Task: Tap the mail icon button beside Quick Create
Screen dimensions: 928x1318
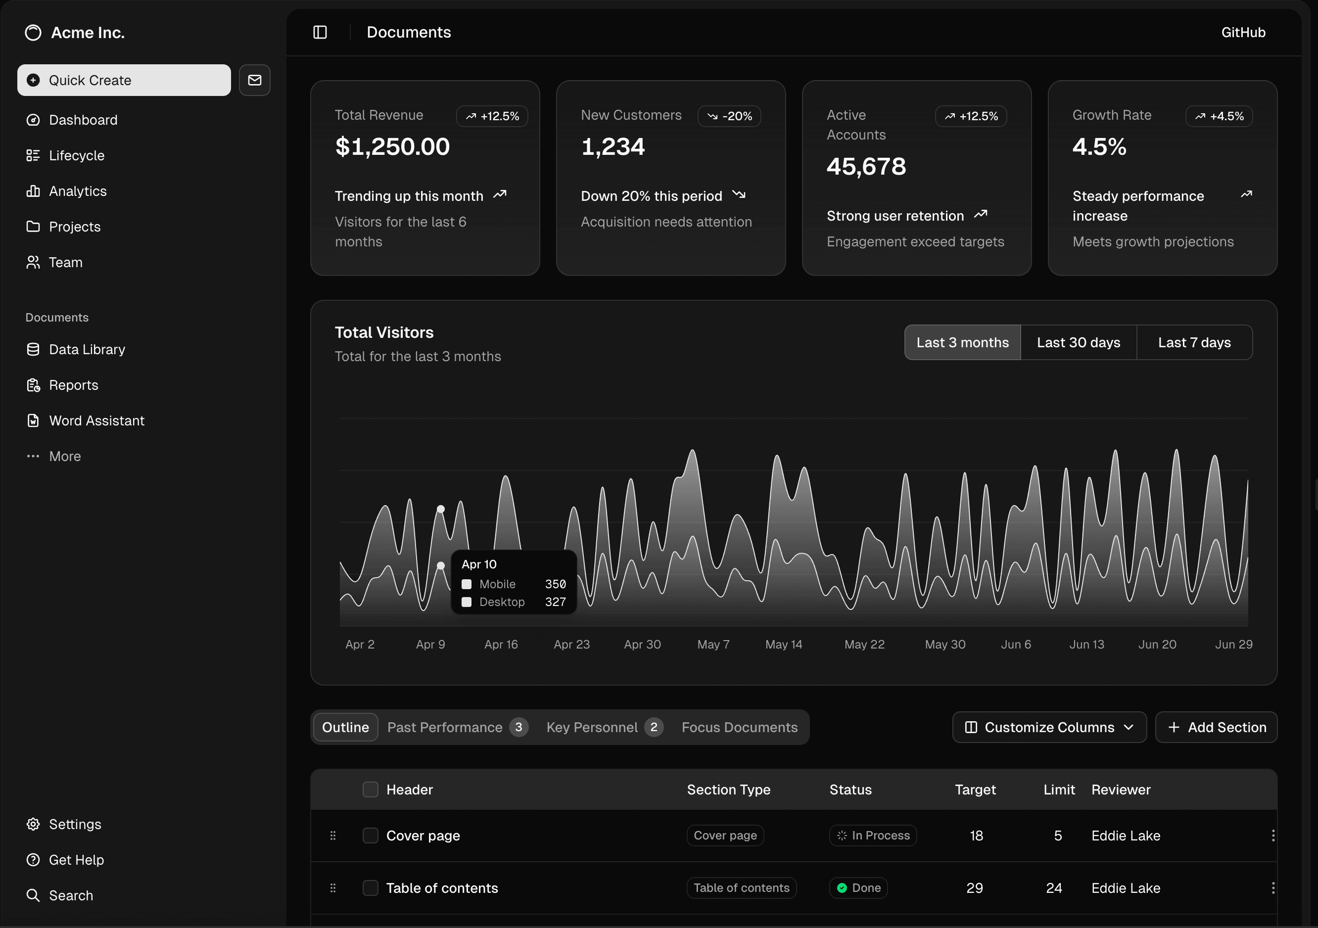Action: pyautogui.click(x=254, y=80)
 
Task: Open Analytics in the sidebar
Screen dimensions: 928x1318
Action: pyautogui.click(x=78, y=191)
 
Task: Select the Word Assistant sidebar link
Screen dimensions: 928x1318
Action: pyautogui.click(x=96, y=420)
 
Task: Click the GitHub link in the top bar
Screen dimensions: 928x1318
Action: pyautogui.click(x=1243, y=32)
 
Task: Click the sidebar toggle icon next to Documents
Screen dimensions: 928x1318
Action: pyautogui.click(x=320, y=32)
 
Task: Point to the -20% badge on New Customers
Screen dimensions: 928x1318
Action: pyautogui.click(x=729, y=116)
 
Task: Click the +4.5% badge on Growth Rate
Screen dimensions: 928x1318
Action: pyautogui.click(x=1219, y=116)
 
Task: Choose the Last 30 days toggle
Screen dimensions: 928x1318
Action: pyautogui.click(x=1078, y=343)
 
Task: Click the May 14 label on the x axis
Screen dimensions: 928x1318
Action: pyautogui.click(x=784, y=645)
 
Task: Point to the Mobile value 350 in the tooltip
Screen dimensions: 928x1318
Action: pyautogui.click(x=555, y=584)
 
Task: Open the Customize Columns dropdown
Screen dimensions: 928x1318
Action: pyautogui.click(x=1049, y=727)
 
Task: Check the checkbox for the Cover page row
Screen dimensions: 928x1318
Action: pyautogui.click(x=370, y=835)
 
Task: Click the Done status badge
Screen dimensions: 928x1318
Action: pyautogui.click(x=858, y=888)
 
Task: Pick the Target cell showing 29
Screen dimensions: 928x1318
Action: pyautogui.click(x=974, y=888)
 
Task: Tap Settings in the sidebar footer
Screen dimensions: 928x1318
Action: pyautogui.click(x=75, y=824)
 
